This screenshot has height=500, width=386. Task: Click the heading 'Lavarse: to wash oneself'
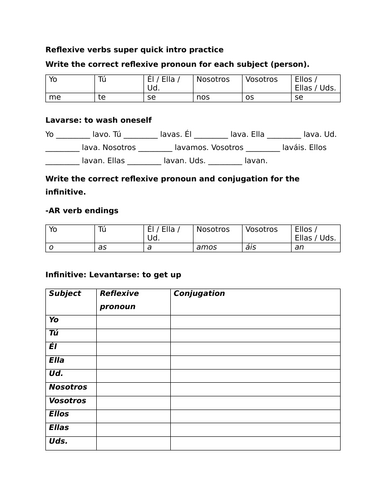click(x=101, y=118)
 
